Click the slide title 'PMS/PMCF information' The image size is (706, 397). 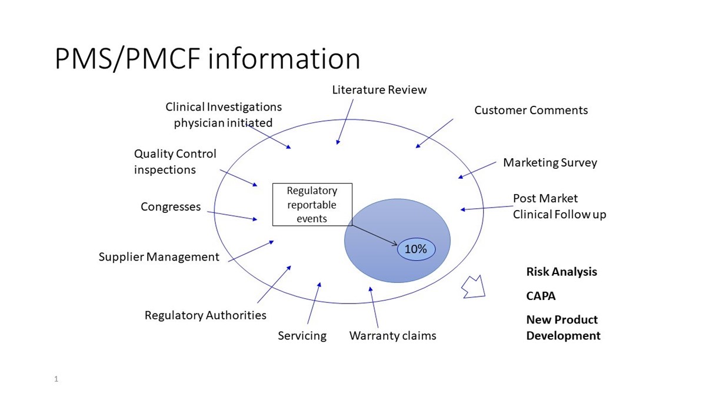tap(207, 59)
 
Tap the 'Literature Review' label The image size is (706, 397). tap(379, 90)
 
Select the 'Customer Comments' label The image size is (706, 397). tap(531, 111)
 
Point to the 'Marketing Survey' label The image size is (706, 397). tap(550, 162)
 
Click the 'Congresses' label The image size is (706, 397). tap(171, 206)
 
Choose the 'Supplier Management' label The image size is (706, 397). tap(159, 257)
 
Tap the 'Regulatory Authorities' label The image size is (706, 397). tap(205, 315)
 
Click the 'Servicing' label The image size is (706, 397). tap(302, 336)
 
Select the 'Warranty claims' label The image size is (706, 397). tap(393, 336)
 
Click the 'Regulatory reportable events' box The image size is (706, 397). tap(312, 205)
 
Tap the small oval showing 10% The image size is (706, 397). tap(417, 249)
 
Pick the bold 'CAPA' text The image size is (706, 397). tap(541, 296)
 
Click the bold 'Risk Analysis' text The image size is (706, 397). tap(562, 272)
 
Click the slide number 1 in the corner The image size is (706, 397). tap(56, 379)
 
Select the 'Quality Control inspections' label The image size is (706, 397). tap(175, 162)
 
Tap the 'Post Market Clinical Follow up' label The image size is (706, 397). tap(560, 206)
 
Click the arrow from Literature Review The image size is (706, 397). tap(345, 122)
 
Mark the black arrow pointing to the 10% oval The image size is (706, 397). tap(374, 235)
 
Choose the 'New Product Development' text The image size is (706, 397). tap(563, 328)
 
